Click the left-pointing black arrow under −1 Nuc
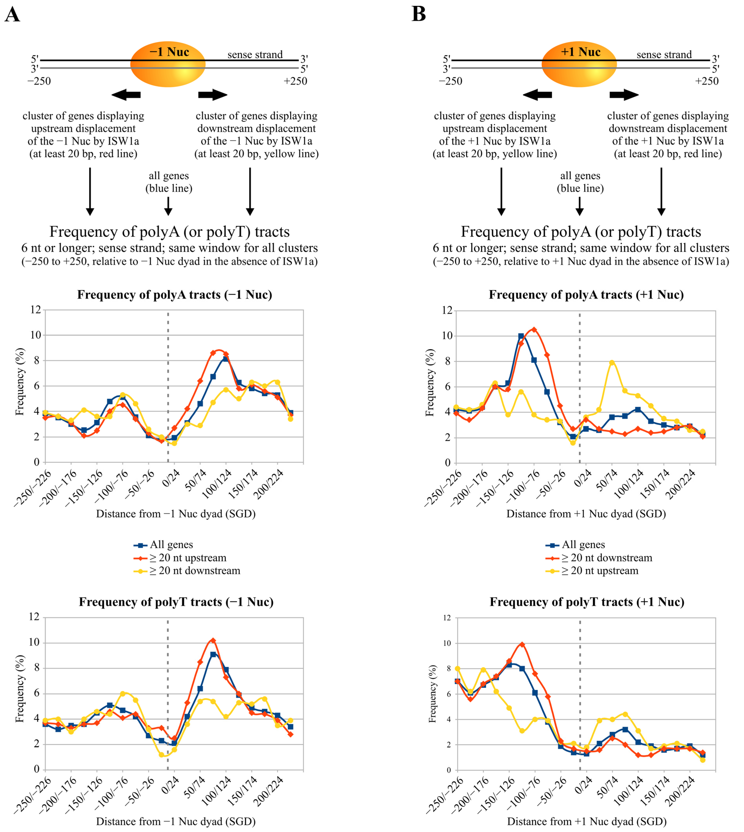(126, 95)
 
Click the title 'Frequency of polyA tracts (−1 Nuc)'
(175, 295)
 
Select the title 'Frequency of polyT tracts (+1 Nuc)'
(587, 602)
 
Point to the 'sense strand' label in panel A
(255, 54)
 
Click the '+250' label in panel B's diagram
(707, 81)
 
